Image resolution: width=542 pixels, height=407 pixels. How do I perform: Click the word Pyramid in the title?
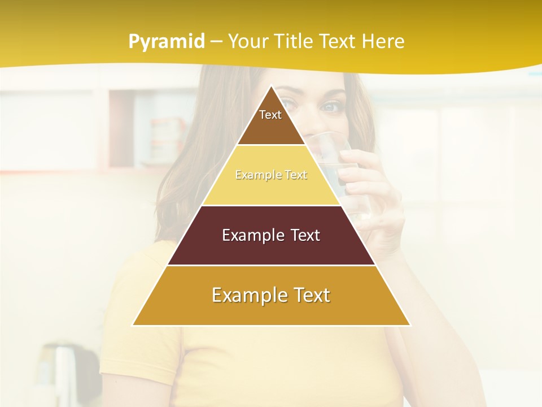(x=167, y=42)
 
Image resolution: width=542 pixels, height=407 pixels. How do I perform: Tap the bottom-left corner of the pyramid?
(x=134, y=324)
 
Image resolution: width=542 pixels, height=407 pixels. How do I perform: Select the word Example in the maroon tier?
(x=251, y=235)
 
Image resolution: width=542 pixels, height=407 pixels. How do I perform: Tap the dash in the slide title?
(x=216, y=42)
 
